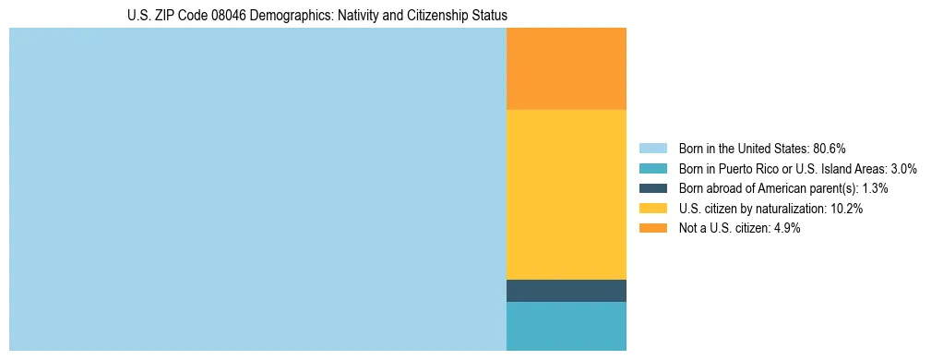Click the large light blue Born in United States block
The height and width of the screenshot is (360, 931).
[x=257, y=189]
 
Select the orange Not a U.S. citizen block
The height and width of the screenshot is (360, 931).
[x=567, y=69]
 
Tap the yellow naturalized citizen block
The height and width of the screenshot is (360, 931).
[x=567, y=194]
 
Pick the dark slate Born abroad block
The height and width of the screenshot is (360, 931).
[x=567, y=291]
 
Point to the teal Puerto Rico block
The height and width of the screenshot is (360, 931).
[x=567, y=326]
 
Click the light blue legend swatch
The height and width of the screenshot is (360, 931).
[x=652, y=149]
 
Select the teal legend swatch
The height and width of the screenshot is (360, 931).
[x=652, y=169]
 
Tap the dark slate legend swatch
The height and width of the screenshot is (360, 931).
[x=652, y=188]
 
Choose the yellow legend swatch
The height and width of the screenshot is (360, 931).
[x=652, y=209]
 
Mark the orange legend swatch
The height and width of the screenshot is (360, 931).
[x=652, y=228]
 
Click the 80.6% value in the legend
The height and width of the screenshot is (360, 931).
[x=830, y=149]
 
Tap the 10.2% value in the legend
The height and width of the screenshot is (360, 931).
[x=847, y=209]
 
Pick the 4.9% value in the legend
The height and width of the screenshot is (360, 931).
[x=785, y=228]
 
